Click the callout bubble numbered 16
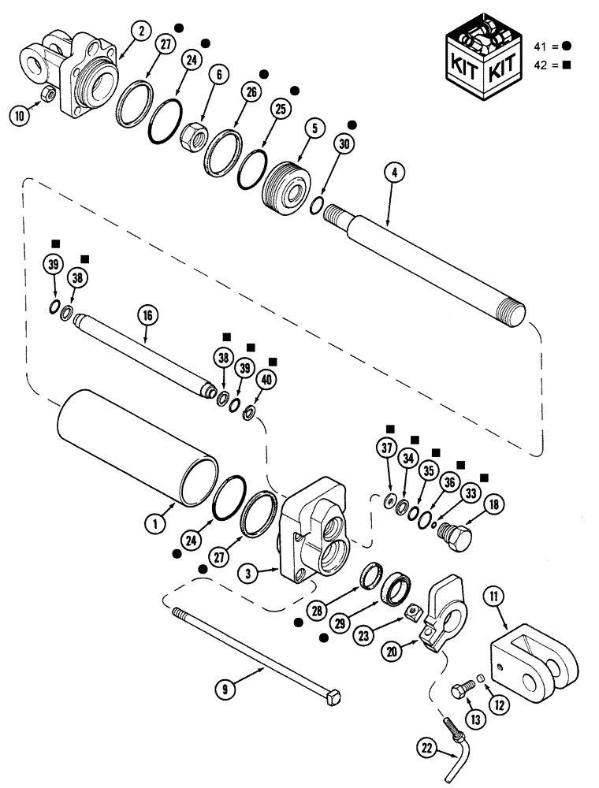147,316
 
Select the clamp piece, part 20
442,615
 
